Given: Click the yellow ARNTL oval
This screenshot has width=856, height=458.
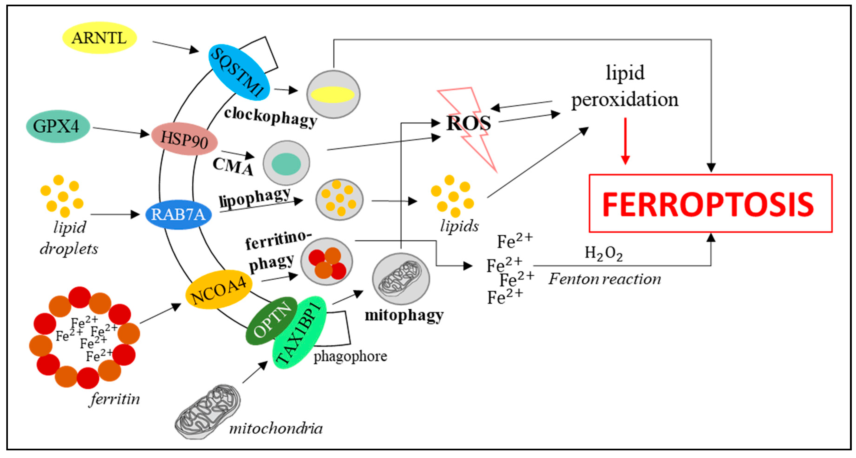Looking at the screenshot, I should (99, 38).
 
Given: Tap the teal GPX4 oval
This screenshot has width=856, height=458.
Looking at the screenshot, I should (57, 127).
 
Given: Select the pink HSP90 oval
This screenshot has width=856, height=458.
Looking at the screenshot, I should (185, 139).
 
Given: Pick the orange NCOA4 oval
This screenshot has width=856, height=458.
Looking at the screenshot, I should (218, 290).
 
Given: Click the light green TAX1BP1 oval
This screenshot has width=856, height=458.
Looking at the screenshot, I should (299, 336).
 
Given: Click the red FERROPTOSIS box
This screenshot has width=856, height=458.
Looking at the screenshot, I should (710, 203).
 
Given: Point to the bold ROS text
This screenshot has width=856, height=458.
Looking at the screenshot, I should (468, 123).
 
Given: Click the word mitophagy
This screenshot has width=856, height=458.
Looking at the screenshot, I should (404, 315).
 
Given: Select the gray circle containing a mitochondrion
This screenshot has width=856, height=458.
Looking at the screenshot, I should (401, 279).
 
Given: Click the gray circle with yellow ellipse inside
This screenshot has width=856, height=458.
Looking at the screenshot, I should (333, 94).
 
